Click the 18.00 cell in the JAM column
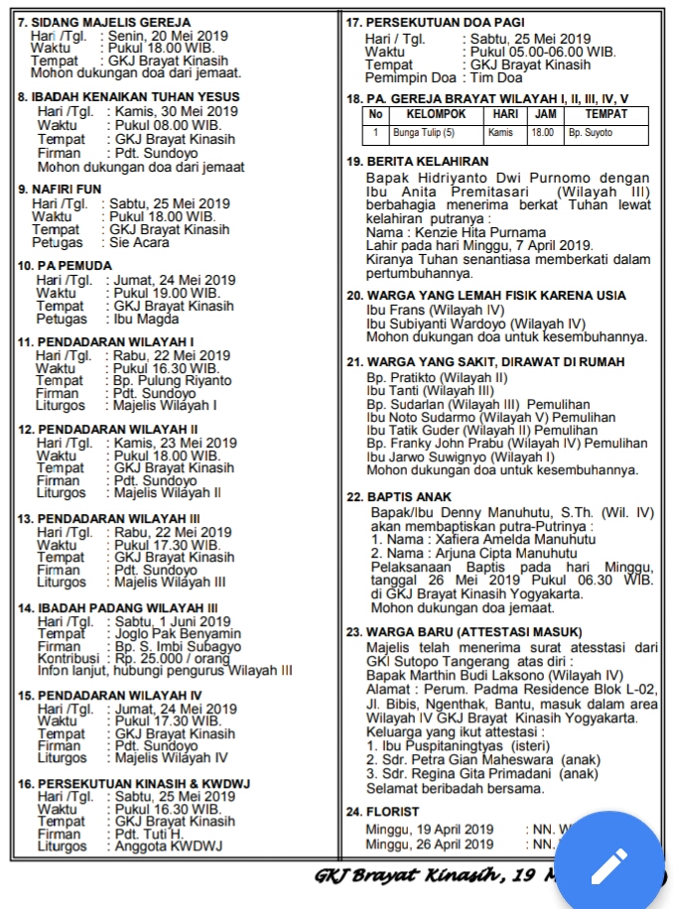coord(542,132)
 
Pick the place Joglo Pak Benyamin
coord(174,633)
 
